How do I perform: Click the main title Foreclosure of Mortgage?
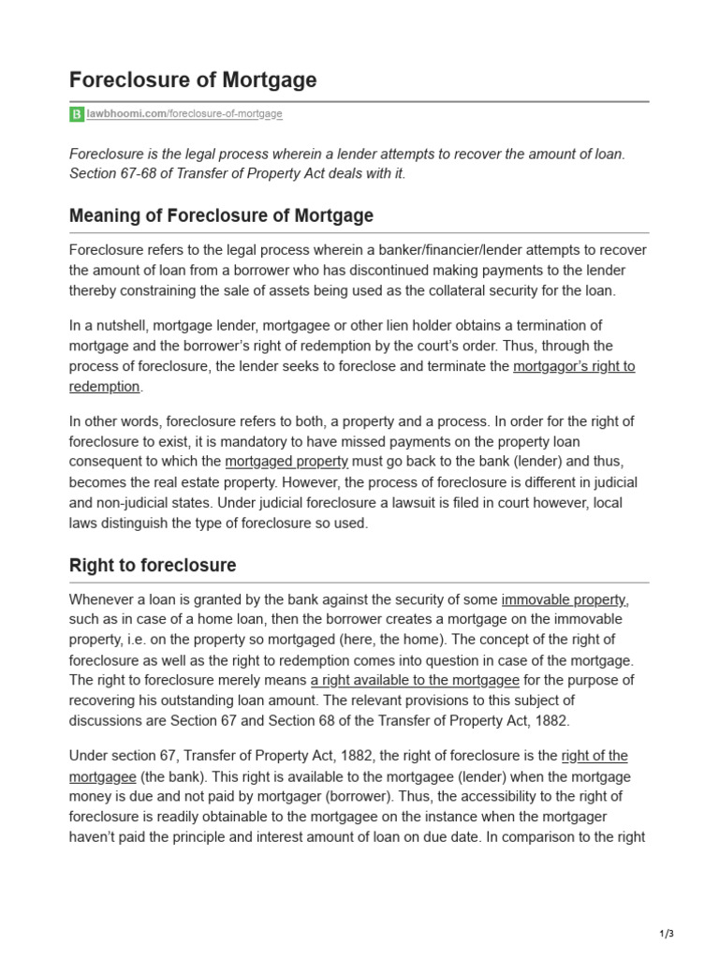pyautogui.click(x=193, y=81)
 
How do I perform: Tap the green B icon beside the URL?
pyautogui.click(x=77, y=114)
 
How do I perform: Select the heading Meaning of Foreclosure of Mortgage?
pyautogui.click(x=221, y=215)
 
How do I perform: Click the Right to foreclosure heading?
pyautogui.click(x=153, y=566)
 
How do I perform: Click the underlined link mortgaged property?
pyautogui.click(x=286, y=462)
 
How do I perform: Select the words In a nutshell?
pyautogui.click(x=110, y=325)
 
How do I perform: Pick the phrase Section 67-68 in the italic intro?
pyautogui.click(x=108, y=175)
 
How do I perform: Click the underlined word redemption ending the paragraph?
pyautogui.click(x=105, y=387)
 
